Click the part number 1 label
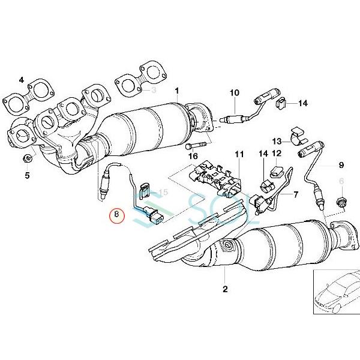(x=177, y=91)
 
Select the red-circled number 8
(x=117, y=214)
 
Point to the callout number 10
(x=234, y=92)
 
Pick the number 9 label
(x=341, y=164)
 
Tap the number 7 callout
(x=295, y=195)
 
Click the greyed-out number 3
(x=154, y=90)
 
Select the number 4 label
(x=22, y=80)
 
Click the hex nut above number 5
(x=28, y=159)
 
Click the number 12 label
(x=277, y=155)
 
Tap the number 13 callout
(x=277, y=142)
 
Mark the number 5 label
(x=26, y=176)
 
